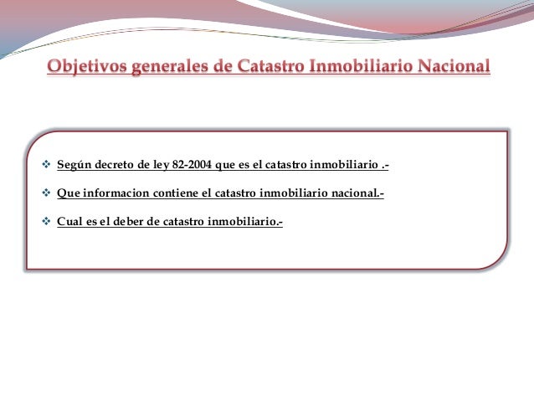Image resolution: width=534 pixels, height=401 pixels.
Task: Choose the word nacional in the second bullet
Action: [357, 194]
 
